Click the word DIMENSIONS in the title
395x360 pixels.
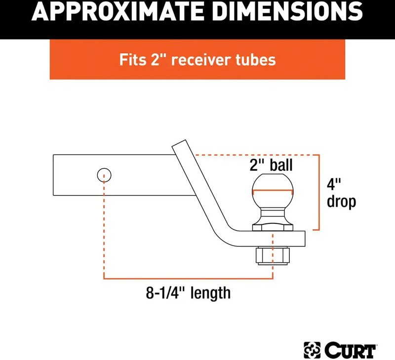289,11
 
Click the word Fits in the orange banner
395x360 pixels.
133,60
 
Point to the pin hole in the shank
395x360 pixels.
104,175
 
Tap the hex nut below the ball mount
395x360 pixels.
273,255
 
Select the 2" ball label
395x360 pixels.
271,165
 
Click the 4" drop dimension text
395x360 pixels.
341,193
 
